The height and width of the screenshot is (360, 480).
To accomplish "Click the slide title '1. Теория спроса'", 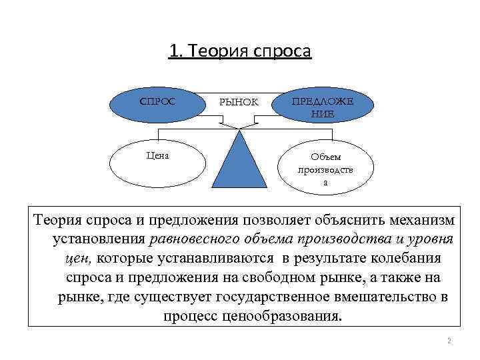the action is point(240,51).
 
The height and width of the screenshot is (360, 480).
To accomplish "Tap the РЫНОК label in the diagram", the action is point(238,103).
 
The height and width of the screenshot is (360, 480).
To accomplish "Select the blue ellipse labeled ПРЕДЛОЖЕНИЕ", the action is point(322,107).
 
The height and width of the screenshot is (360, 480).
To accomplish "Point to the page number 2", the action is point(449,341).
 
